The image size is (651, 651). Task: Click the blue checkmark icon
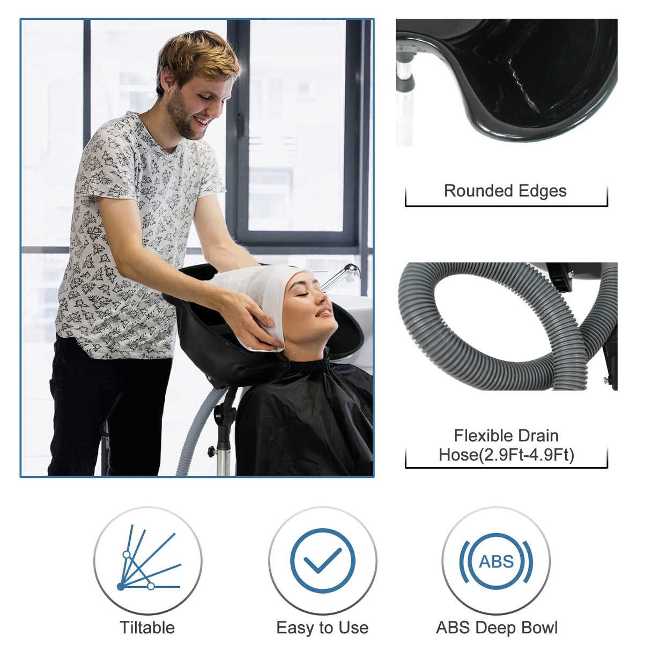tap(322, 560)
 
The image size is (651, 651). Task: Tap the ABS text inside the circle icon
tap(496, 561)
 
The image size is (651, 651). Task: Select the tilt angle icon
tap(147, 560)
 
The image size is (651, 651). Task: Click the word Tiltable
tap(147, 627)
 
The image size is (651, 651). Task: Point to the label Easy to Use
tap(322, 627)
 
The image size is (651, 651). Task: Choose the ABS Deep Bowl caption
tap(497, 627)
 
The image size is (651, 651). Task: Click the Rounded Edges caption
tap(505, 191)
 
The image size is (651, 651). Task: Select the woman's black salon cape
tap(306, 418)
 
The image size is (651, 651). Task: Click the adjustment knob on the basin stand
tap(212, 450)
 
